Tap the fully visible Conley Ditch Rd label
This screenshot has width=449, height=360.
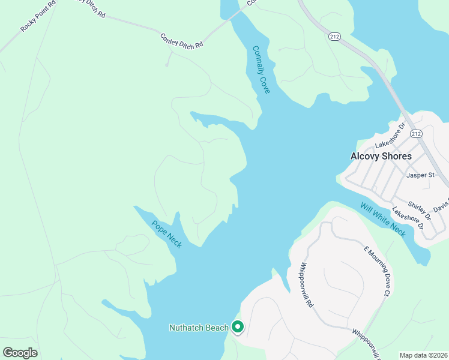click(x=182, y=41)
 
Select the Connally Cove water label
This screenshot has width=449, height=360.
click(x=261, y=70)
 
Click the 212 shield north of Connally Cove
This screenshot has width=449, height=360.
click(x=334, y=37)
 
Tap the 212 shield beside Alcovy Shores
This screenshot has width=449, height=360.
click(x=417, y=133)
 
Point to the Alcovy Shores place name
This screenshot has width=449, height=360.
click(x=381, y=156)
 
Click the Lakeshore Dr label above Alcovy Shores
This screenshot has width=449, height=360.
click(x=391, y=136)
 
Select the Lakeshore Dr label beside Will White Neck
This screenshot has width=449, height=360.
click(x=408, y=219)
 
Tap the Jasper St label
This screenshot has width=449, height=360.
click(x=420, y=175)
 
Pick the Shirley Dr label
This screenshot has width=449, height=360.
click(x=420, y=209)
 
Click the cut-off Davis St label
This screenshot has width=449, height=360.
click(x=441, y=204)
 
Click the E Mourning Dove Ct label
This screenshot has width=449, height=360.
click(x=378, y=270)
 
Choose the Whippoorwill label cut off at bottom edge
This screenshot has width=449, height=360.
click(x=367, y=344)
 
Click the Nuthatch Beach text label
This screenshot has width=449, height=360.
click(x=199, y=328)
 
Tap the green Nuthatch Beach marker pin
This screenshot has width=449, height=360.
click(x=238, y=328)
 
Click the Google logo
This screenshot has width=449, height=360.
click(x=20, y=353)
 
